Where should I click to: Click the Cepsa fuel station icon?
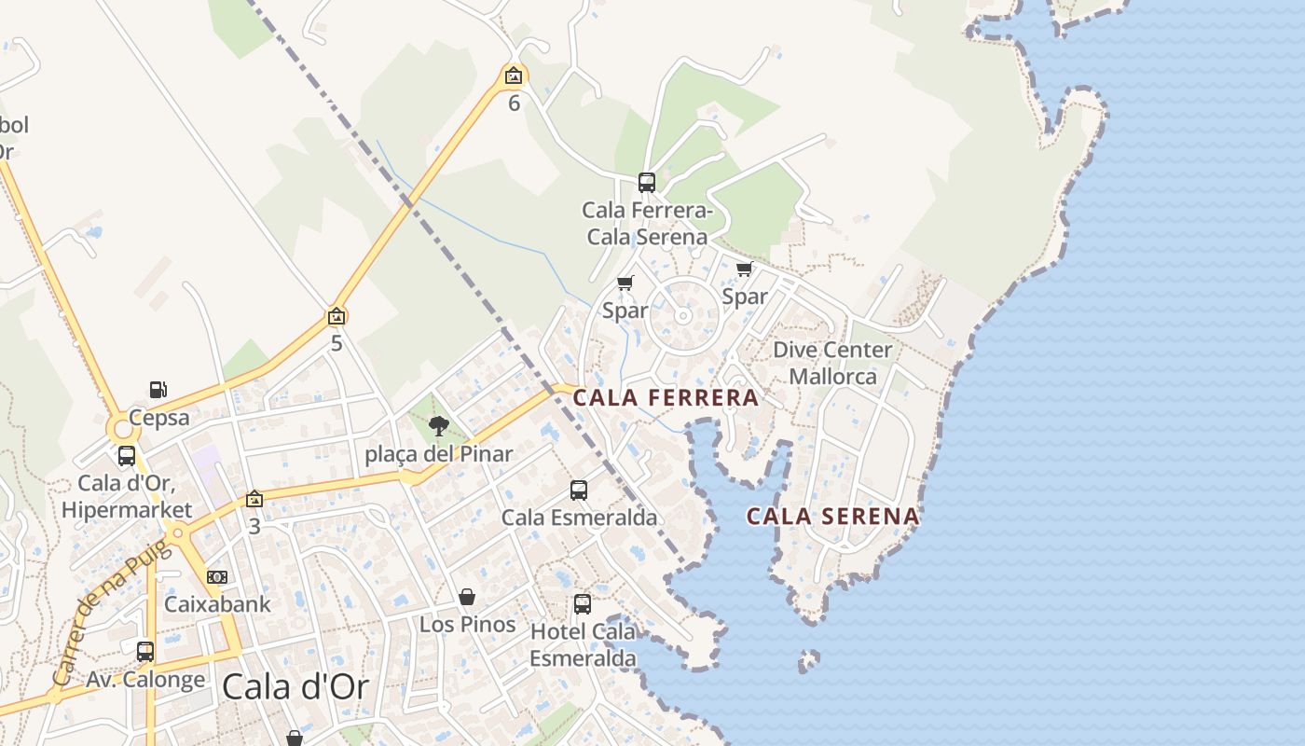pos(158,390)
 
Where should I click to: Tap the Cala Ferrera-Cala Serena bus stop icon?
pos(647,183)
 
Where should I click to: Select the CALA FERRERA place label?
pos(666,398)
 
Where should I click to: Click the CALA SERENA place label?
pos(833,517)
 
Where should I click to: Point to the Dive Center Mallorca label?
pos(832,363)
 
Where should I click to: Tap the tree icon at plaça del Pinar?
pos(438,427)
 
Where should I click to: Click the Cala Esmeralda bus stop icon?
pos(579,490)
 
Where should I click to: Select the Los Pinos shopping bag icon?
pos(467,597)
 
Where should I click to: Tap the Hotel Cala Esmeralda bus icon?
pos(583,604)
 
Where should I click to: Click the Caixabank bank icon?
pos(217,577)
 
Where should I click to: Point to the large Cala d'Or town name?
pos(295,688)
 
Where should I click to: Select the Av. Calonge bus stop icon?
pos(145,652)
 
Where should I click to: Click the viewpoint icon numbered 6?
pos(514,76)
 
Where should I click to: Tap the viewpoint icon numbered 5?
pos(337,317)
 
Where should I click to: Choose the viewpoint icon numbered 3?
pos(254,500)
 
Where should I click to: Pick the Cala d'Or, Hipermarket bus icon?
pos(127,456)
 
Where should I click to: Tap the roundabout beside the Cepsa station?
pos(122,430)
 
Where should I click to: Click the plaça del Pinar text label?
pos(438,455)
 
